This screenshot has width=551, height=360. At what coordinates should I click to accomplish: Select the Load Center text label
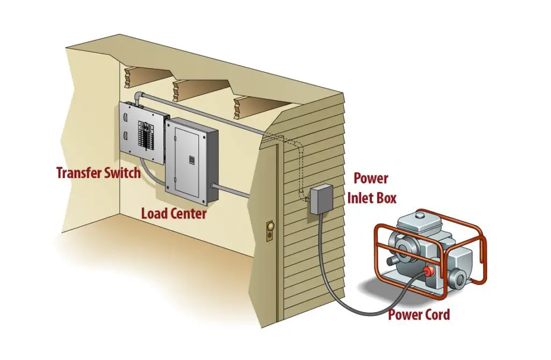(174, 214)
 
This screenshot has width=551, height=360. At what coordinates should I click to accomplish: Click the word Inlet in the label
(362, 197)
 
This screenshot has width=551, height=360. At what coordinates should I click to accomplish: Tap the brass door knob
(270, 227)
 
